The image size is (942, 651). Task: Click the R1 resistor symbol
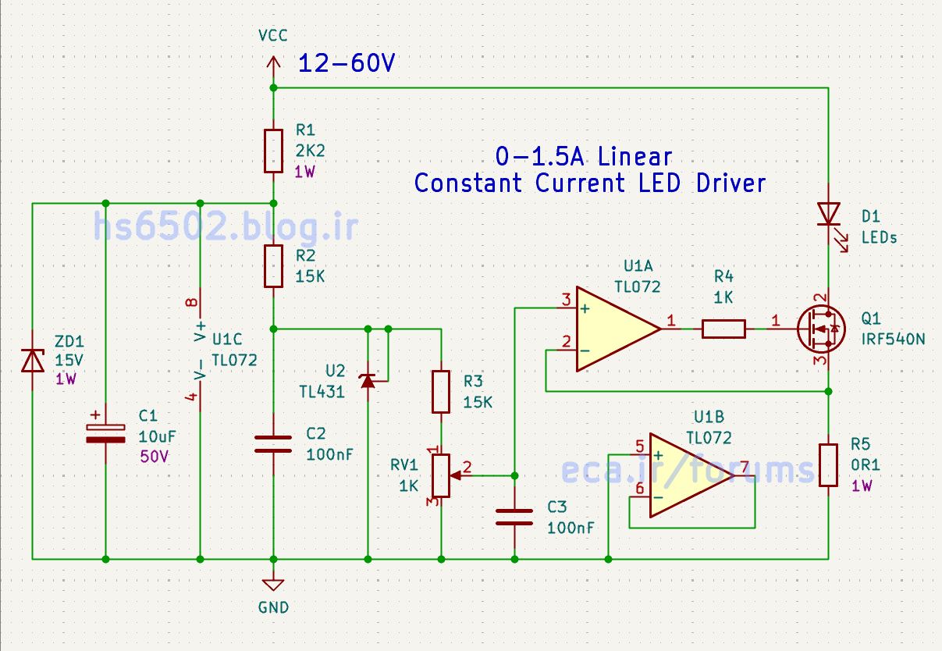[273, 151]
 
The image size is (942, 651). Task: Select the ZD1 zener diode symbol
[32, 360]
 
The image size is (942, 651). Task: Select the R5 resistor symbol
[828, 464]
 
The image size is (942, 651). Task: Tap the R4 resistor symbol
[723, 329]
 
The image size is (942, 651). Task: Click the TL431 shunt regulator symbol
[368, 380]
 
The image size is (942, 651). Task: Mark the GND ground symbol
[272, 584]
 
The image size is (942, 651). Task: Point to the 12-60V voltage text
[346, 64]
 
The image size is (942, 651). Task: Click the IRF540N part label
[893, 340]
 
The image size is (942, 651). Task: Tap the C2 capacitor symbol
[273, 444]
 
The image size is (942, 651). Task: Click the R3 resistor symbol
[442, 392]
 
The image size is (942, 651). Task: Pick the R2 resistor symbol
[273, 265]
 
